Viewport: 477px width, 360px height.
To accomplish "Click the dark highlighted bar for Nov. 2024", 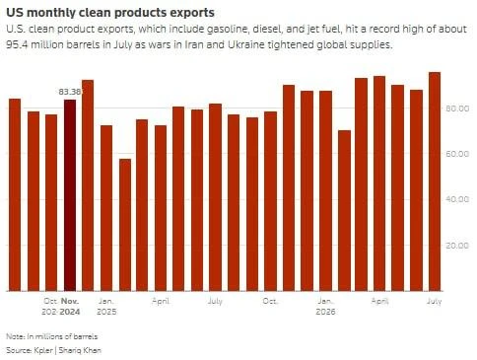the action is (70, 195).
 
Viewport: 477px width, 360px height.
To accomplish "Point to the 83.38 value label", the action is (70, 92).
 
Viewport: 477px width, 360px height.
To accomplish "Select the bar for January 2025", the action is (106, 208).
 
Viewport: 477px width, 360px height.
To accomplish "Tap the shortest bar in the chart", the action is (125, 225).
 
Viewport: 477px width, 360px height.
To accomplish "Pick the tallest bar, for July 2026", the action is (435, 181).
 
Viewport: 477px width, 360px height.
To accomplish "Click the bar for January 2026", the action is (326, 191).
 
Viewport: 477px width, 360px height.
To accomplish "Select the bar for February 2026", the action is (345, 211).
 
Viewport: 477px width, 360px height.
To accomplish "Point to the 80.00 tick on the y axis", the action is (457, 108).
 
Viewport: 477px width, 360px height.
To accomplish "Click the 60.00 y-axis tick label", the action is (457, 154).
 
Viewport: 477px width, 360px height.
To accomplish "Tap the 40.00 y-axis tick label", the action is (457, 199).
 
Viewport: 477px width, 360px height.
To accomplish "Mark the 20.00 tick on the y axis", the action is (457, 246).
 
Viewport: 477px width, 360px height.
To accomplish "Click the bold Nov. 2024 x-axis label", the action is (70, 306).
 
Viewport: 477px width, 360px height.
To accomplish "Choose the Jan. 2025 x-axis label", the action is (106, 306).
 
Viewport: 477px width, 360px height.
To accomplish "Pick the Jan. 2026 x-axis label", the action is (325, 306).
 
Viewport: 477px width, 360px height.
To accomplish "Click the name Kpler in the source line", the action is (43, 350).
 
